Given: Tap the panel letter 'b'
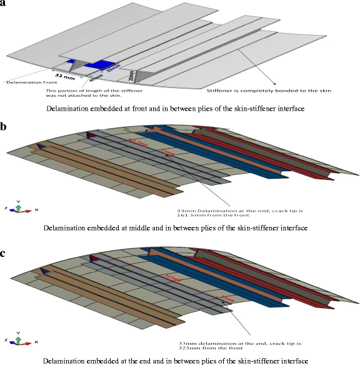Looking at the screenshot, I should (x=4, y=127).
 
